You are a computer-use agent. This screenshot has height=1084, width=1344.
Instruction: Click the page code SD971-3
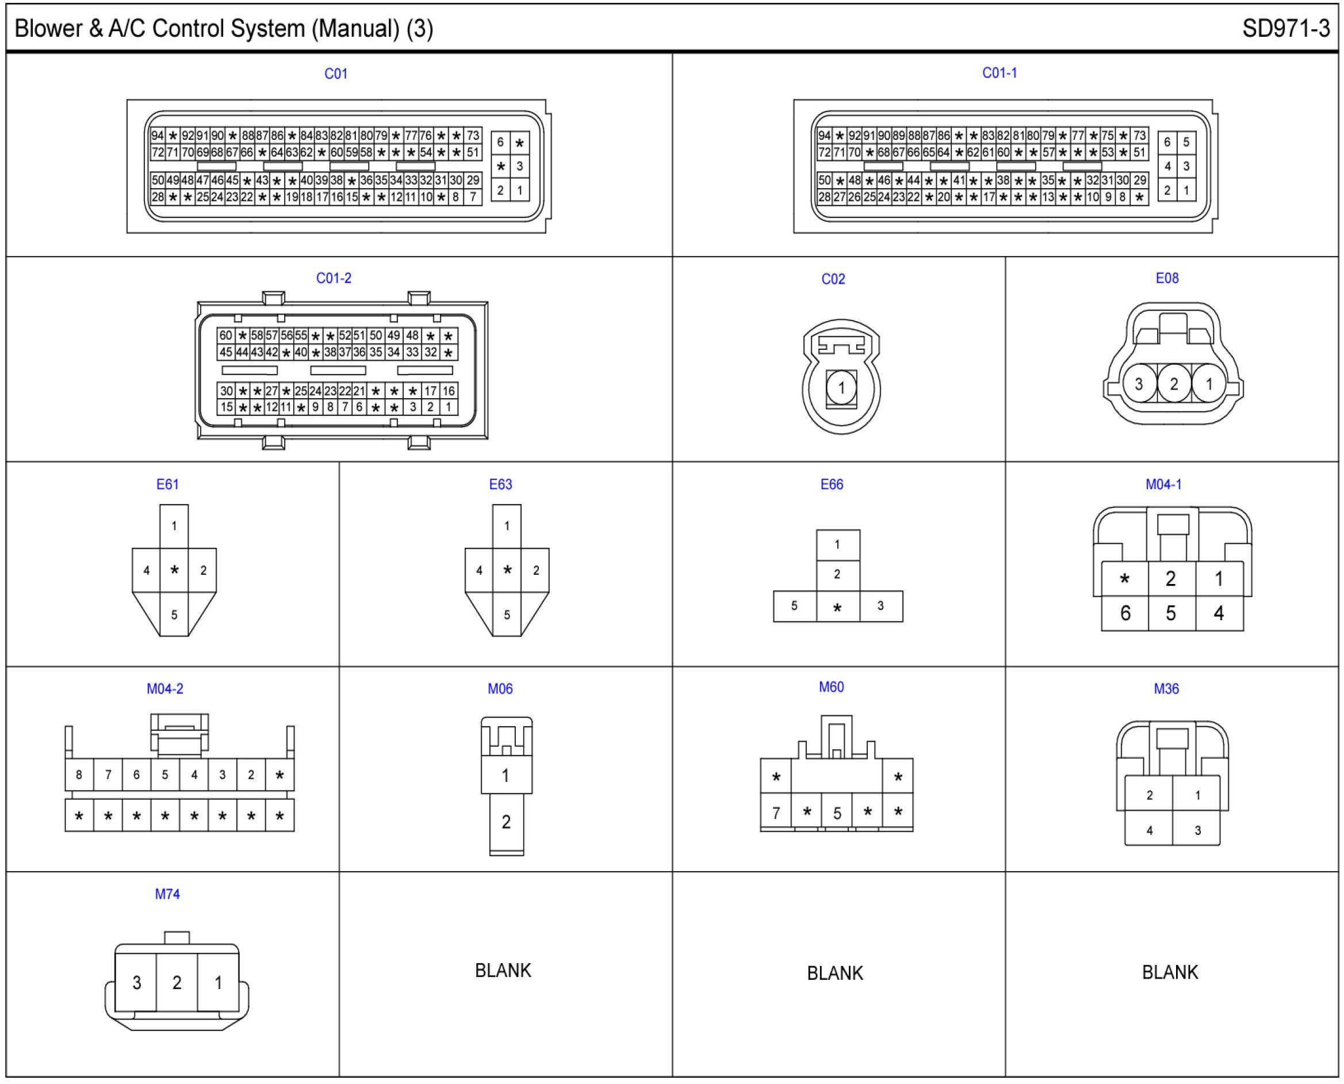click(1285, 29)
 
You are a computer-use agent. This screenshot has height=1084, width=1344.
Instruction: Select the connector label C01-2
click(334, 278)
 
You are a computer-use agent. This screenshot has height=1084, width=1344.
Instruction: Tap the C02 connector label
click(833, 279)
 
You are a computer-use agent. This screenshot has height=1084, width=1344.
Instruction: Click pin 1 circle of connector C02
click(841, 388)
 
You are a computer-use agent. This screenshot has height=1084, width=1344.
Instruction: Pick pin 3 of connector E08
click(1139, 384)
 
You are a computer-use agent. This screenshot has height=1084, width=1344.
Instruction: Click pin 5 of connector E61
click(174, 614)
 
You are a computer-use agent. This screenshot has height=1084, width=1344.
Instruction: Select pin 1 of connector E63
click(507, 526)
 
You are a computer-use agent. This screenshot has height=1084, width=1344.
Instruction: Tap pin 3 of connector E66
click(880, 606)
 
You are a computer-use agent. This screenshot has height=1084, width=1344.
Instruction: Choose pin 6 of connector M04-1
click(1125, 613)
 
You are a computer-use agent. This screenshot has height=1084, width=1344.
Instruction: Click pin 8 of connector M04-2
click(79, 775)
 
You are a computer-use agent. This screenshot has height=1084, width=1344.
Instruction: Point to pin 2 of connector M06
click(506, 822)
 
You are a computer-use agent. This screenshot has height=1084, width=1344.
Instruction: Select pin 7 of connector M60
click(776, 813)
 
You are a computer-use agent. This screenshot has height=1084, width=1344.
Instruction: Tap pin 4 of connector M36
click(1149, 830)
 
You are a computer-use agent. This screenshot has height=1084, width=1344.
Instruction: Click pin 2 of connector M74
click(177, 983)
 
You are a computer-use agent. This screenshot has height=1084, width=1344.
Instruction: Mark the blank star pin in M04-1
click(1124, 579)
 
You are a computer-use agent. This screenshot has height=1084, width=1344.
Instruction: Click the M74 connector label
click(167, 894)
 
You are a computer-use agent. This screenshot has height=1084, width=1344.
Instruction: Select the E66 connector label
click(832, 484)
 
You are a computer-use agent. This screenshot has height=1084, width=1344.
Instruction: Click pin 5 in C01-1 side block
click(1186, 142)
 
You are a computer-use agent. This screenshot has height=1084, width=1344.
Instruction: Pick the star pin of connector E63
click(507, 570)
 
